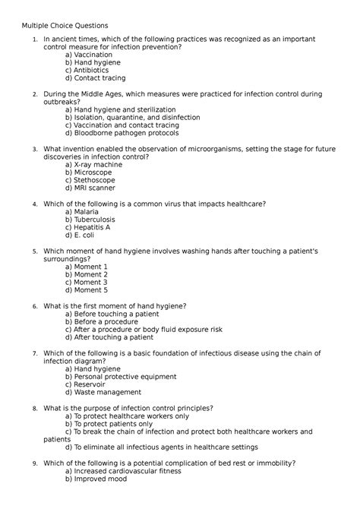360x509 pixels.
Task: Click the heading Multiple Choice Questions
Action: click(65, 26)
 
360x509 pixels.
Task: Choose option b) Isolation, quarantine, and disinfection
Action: click(133, 118)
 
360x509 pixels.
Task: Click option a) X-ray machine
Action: click(93, 164)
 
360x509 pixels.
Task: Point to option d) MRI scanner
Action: click(90, 188)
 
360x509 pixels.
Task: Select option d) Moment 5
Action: click(87, 290)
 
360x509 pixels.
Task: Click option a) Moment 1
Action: click(87, 267)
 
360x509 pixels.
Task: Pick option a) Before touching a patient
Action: click(112, 314)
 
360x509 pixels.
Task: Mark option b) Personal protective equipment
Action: click(125, 377)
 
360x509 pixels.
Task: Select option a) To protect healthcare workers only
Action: click(127, 416)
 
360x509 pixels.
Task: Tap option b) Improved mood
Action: click(95, 479)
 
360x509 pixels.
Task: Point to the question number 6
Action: click(35, 306)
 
